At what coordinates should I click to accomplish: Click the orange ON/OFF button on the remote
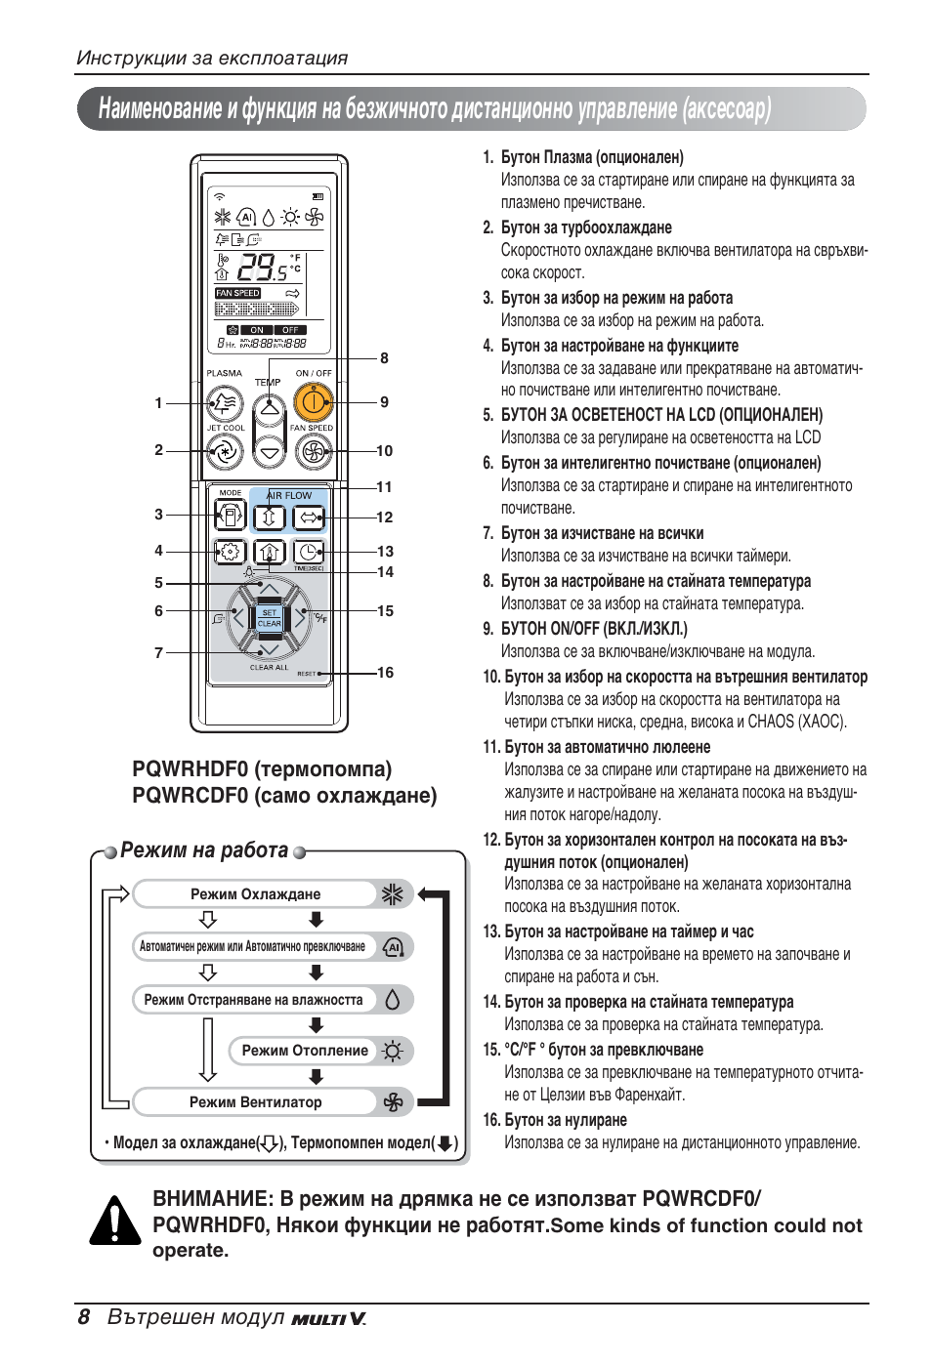312,400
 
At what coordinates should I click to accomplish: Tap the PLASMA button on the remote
225,401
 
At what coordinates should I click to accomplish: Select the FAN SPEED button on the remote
312,450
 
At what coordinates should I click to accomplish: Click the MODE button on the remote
230,514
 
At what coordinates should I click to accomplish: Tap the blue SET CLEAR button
269,618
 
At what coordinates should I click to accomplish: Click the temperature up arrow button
269,408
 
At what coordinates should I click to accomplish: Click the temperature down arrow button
269,451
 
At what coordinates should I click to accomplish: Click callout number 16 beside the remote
385,673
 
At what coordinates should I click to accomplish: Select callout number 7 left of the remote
158,652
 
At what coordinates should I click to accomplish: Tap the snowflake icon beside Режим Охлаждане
393,894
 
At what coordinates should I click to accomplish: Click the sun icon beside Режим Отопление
393,1052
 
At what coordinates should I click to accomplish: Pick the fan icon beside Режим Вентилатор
393,1102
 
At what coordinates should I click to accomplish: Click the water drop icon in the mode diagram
393,1000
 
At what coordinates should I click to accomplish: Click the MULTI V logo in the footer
328,1319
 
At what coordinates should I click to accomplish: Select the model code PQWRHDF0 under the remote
189,769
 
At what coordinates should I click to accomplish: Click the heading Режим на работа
204,850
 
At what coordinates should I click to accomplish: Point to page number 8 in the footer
84,1317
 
